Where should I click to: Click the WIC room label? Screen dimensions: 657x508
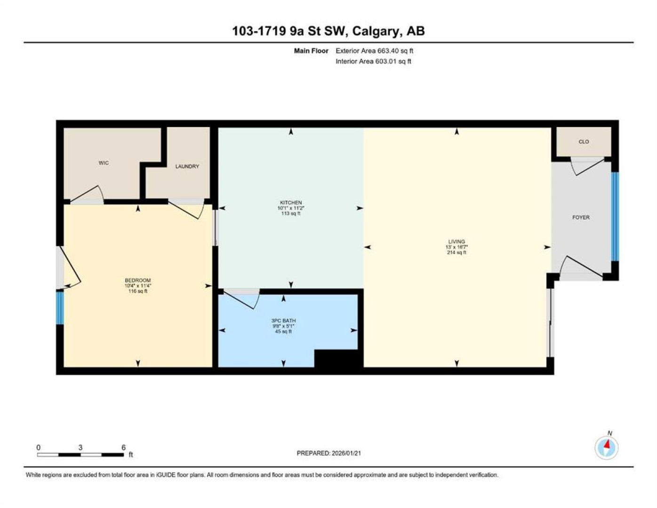point(104,163)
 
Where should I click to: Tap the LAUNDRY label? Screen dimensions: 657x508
point(187,166)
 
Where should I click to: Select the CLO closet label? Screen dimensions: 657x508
point(584,142)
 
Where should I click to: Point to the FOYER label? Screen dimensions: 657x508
point(581,217)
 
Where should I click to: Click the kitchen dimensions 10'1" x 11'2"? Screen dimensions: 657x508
point(290,208)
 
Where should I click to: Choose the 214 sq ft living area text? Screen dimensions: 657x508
point(457,252)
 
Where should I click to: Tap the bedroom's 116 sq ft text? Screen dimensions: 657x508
point(137,291)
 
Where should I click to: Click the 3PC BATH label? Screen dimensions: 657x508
point(283,321)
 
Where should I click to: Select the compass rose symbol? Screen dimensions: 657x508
point(607,448)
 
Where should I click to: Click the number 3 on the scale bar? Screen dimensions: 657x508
point(80,448)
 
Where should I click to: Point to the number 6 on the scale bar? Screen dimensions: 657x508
point(123,448)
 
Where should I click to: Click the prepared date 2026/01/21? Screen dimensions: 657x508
point(345,453)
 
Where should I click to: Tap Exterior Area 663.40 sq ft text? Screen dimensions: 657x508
point(374,51)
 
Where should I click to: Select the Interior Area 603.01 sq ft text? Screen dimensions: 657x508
point(373,61)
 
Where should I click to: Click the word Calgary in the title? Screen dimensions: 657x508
point(375,31)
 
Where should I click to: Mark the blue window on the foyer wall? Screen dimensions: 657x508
point(615,216)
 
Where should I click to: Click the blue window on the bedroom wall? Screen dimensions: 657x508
point(60,308)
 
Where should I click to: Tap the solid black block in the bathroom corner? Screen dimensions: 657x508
point(339,359)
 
